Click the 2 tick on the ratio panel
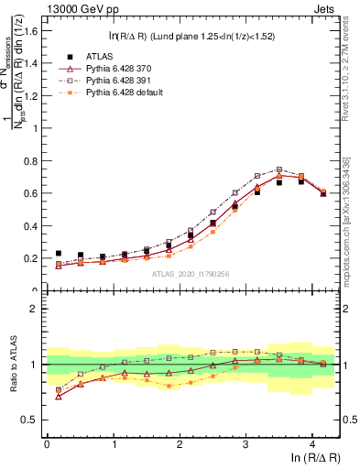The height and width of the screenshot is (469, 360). pyautogui.click(x=36, y=309)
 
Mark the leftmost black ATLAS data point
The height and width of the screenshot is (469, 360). pyautogui.click(x=59, y=254)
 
